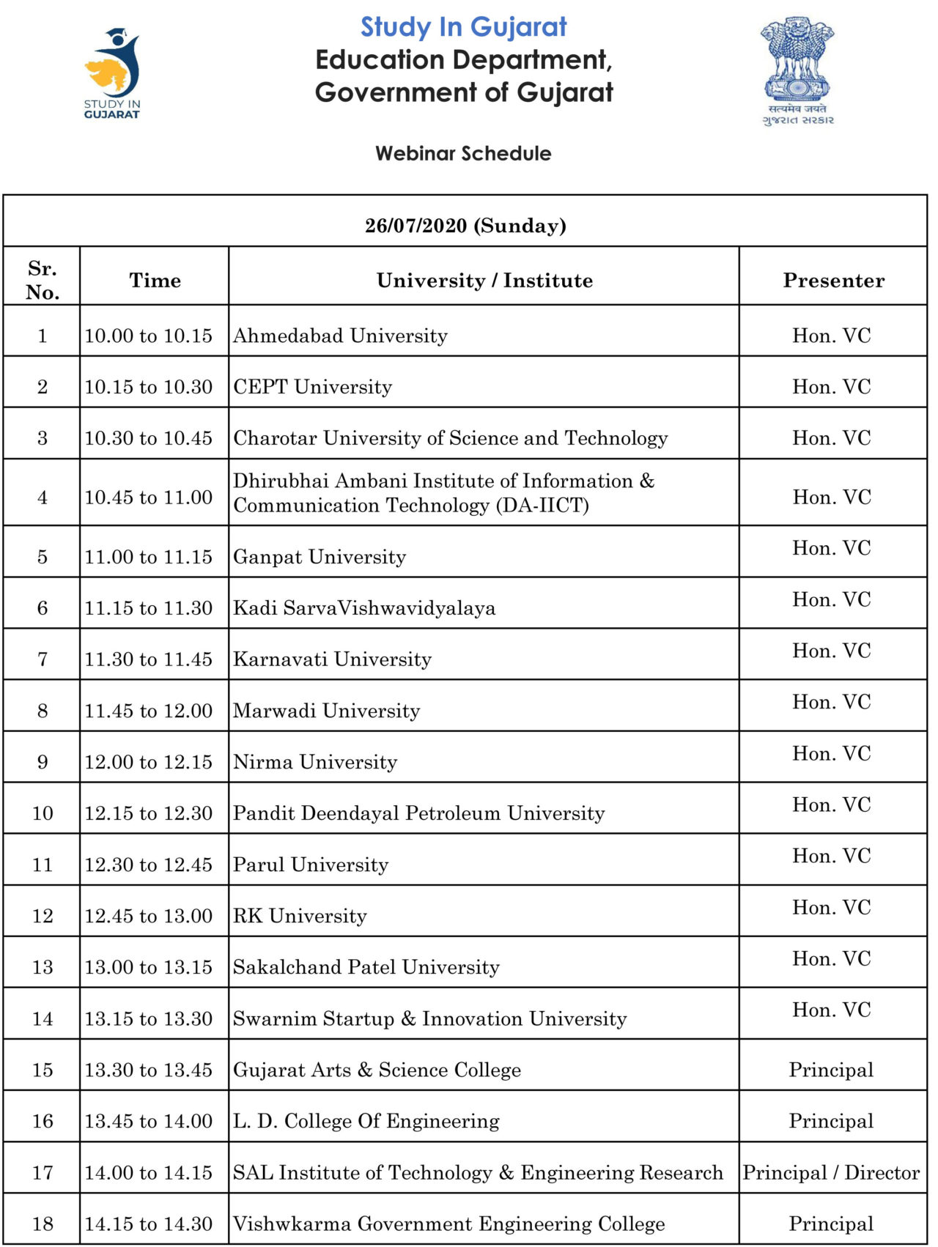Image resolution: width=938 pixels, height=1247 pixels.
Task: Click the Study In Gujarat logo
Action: click(112, 73)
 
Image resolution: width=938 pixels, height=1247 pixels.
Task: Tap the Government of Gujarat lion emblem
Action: click(797, 70)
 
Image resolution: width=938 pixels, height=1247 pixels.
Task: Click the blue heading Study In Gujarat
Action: click(463, 27)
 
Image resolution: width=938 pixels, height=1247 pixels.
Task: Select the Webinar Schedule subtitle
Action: click(463, 153)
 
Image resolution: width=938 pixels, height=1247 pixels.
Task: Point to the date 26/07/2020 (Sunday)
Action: click(465, 225)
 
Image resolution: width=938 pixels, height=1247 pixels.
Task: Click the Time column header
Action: click(155, 280)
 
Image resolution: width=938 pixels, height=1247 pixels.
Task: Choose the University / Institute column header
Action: click(484, 280)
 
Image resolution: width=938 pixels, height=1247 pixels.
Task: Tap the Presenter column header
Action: click(833, 280)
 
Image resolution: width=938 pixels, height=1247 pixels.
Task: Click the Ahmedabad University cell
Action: click(340, 336)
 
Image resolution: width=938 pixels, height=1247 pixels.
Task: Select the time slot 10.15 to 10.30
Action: click(148, 387)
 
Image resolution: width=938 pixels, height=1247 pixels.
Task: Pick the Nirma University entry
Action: click(315, 762)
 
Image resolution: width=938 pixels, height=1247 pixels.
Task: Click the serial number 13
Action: click(43, 967)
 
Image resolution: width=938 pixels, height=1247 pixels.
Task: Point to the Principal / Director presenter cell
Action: click(831, 1172)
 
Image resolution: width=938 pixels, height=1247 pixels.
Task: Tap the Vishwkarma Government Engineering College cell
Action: click(448, 1224)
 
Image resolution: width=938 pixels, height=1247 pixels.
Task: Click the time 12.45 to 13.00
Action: click(148, 916)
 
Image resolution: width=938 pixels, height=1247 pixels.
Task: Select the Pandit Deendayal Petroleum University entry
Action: click(418, 813)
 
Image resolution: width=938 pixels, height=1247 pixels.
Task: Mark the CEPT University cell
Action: click(312, 387)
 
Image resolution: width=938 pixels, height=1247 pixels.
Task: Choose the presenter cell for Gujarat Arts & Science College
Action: click(831, 1070)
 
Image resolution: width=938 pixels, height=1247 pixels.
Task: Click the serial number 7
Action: click(43, 659)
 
